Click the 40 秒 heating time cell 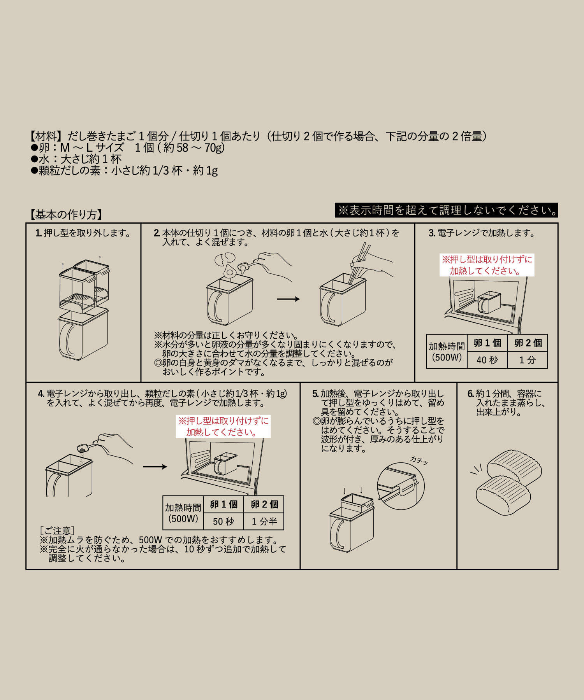tap(487, 360)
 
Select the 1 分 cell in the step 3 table tap(528, 360)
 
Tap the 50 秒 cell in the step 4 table tap(223, 521)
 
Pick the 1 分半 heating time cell tap(264, 521)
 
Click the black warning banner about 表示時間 tap(446, 210)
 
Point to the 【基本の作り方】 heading tap(66, 215)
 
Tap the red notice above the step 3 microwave tap(487, 265)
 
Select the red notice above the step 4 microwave tap(223, 427)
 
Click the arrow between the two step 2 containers tap(288, 299)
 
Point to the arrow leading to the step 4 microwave tap(155, 467)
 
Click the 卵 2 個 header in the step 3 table tap(528, 343)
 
